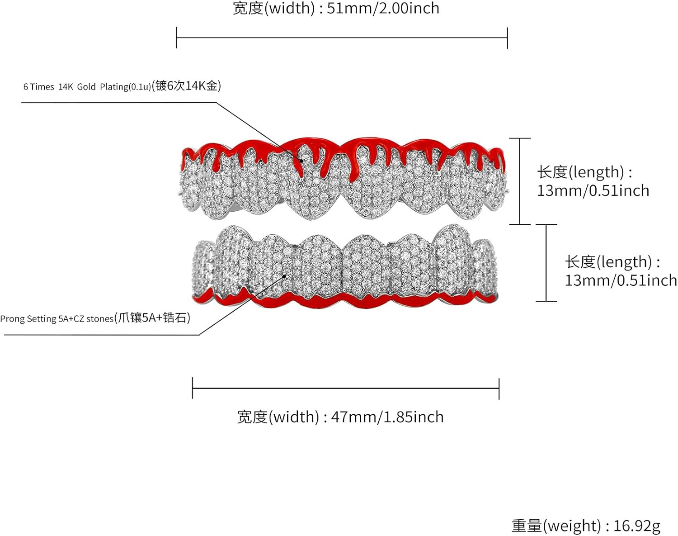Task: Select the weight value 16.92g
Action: (637, 526)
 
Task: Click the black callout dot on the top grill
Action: (301, 161)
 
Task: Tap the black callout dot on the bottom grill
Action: (284, 276)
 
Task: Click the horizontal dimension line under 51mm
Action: (342, 38)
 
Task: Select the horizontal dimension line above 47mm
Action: (346, 389)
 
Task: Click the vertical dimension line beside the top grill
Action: (520, 181)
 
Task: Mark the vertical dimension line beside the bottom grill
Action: (546, 263)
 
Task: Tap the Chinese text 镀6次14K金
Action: (186, 86)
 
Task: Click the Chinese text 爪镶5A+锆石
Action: (152, 318)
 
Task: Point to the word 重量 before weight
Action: (527, 526)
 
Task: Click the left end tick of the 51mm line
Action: (176, 38)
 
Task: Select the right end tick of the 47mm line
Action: (499, 389)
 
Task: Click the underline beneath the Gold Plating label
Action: (119, 102)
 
